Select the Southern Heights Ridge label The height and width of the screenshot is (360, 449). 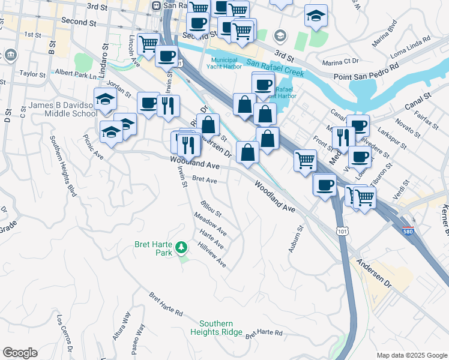point(217,328)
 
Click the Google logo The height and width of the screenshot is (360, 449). point(20,353)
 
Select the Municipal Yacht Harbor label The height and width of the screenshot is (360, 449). point(231,64)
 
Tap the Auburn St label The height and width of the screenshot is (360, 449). point(295,239)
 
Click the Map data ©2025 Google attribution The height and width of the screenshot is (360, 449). point(411,355)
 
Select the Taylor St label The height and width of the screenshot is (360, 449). point(32,74)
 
